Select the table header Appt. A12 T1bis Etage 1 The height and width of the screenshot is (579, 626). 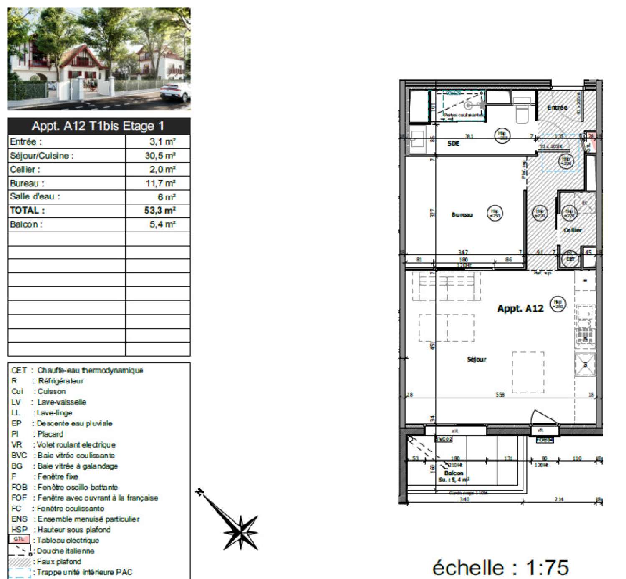(x=98, y=126)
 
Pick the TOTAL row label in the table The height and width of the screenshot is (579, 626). (x=27, y=211)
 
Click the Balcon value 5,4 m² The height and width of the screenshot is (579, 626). (x=162, y=224)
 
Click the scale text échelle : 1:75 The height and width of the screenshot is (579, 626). (x=500, y=568)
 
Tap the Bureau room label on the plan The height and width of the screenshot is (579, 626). (x=462, y=215)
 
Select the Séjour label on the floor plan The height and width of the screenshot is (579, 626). (x=476, y=359)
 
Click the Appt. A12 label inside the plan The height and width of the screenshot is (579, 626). (x=520, y=309)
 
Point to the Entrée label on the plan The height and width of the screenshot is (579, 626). (x=557, y=108)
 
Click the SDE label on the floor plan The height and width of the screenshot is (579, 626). (x=453, y=143)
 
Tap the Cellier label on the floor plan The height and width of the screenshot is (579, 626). (x=573, y=230)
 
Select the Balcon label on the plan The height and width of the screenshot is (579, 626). (x=454, y=473)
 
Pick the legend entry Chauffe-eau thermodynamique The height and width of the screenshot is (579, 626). (x=90, y=370)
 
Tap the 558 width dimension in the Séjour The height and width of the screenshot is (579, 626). (x=500, y=395)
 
